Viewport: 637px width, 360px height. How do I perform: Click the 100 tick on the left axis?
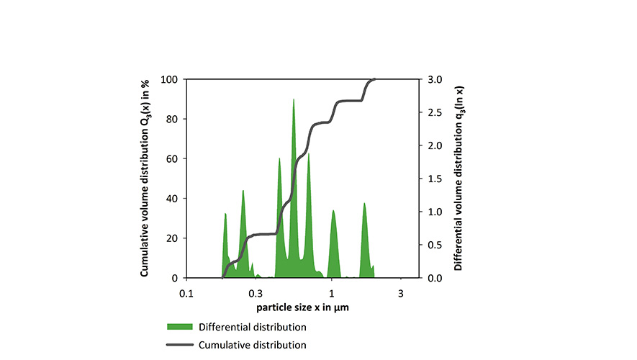(x=171, y=79)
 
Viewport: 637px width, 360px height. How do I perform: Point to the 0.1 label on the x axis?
(x=186, y=294)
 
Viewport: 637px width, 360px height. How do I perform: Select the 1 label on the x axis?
(x=331, y=294)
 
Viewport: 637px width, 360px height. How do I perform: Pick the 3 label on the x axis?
(x=400, y=294)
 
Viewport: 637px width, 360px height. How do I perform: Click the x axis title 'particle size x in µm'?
(x=303, y=307)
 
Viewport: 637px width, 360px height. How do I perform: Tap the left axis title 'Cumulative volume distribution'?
(x=145, y=178)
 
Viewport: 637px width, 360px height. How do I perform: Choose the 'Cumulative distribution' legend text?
(x=252, y=345)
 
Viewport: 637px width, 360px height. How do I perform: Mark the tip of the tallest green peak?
(x=294, y=99)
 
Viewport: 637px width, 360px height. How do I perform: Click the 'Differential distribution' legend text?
(x=253, y=328)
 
